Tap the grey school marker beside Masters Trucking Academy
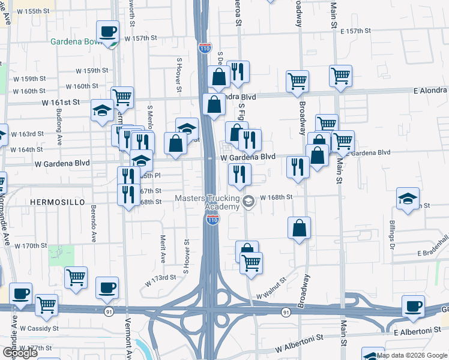(x=249, y=202)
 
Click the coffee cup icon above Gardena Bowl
(x=108, y=32)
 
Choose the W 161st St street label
(x=61, y=103)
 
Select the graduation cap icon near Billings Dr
(x=408, y=200)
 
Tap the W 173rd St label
(x=159, y=277)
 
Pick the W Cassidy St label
(x=39, y=328)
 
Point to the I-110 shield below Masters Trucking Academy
(x=212, y=221)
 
